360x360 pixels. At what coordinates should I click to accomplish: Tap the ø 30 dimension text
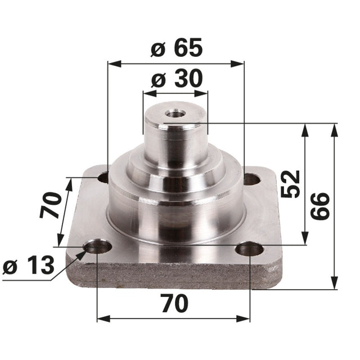(177, 79)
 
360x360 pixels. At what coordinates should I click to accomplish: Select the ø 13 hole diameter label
(29, 265)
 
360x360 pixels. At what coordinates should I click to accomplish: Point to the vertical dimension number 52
(290, 184)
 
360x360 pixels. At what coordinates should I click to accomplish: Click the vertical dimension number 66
(320, 206)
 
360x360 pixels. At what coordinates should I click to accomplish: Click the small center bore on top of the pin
(175, 113)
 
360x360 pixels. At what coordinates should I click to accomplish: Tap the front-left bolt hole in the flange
(97, 247)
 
